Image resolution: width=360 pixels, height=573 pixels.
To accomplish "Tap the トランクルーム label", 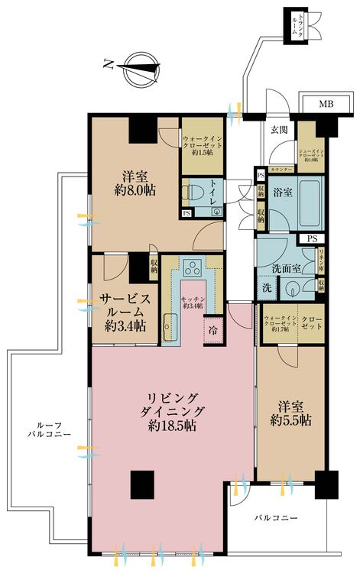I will (x=296, y=26).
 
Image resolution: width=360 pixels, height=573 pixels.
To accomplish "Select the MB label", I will (x=326, y=104).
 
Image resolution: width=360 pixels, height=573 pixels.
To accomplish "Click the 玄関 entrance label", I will (x=278, y=129).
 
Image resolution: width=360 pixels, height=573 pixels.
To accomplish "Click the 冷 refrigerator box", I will (x=212, y=330).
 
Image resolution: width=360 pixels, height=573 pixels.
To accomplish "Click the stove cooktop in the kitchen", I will (x=193, y=267).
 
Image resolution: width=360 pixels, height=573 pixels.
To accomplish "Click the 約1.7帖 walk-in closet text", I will (x=275, y=330).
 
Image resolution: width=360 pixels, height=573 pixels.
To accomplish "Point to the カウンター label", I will (x=282, y=167).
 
